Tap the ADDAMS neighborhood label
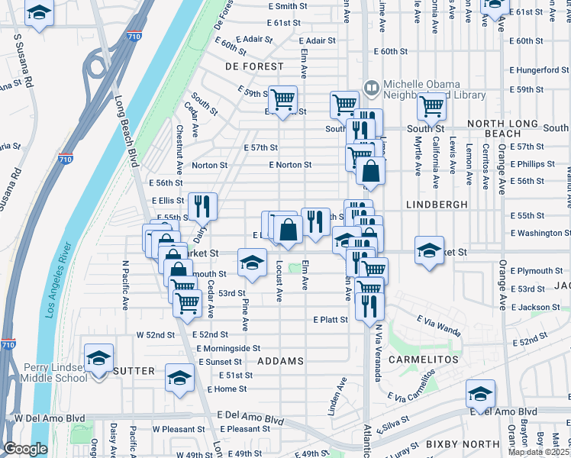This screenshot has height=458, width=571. point(281,360)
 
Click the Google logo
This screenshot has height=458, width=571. point(26,450)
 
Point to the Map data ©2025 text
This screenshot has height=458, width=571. point(538,452)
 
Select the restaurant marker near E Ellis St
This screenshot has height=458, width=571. point(202,205)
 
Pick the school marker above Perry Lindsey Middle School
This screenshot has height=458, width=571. point(98,357)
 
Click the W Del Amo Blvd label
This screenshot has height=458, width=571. point(49,418)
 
